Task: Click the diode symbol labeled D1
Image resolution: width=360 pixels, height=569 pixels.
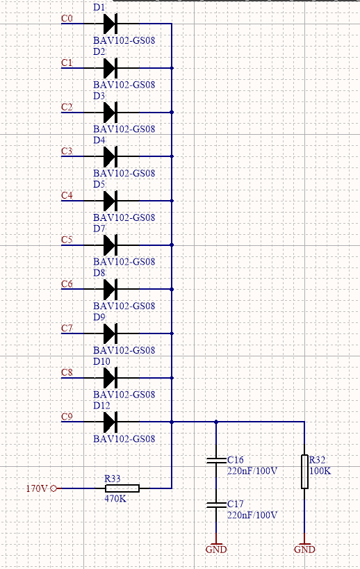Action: pyautogui.click(x=111, y=24)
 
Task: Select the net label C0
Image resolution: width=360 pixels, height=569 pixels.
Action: pyautogui.click(x=67, y=18)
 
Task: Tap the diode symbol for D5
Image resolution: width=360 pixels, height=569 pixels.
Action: pyautogui.click(x=111, y=201)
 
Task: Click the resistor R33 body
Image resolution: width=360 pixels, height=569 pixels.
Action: pyautogui.click(x=122, y=488)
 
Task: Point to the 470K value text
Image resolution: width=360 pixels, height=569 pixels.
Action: pyautogui.click(x=115, y=499)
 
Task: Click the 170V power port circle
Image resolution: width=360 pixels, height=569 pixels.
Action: pyautogui.click(x=54, y=488)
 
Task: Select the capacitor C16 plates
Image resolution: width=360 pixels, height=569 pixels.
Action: pyautogui.click(x=216, y=460)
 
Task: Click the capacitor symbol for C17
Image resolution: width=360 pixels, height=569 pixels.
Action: pyautogui.click(x=216, y=504)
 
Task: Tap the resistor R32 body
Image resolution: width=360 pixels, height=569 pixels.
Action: pyautogui.click(x=304, y=471)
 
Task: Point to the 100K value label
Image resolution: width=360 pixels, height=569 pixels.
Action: pyautogui.click(x=320, y=471)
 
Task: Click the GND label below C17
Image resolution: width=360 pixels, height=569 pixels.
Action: pyautogui.click(x=216, y=550)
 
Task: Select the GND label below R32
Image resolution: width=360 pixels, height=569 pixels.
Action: pyautogui.click(x=304, y=550)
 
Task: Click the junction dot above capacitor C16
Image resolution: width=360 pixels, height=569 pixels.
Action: pyautogui.click(x=216, y=422)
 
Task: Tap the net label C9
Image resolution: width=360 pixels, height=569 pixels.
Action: pyautogui.click(x=67, y=416)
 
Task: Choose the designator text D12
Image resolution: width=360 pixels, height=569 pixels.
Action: pyautogui.click(x=101, y=405)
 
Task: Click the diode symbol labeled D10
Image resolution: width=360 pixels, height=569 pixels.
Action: pyautogui.click(x=111, y=378)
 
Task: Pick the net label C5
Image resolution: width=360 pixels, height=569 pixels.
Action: pyautogui.click(x=67, y=240)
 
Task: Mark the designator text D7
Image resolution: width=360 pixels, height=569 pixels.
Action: pyautogui.click(x=99, y=229)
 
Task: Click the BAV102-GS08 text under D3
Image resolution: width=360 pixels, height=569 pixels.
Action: pyautogui.click(x=124, y=129)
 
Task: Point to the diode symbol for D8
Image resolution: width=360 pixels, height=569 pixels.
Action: pyautogui.click(x=111, y=289)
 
